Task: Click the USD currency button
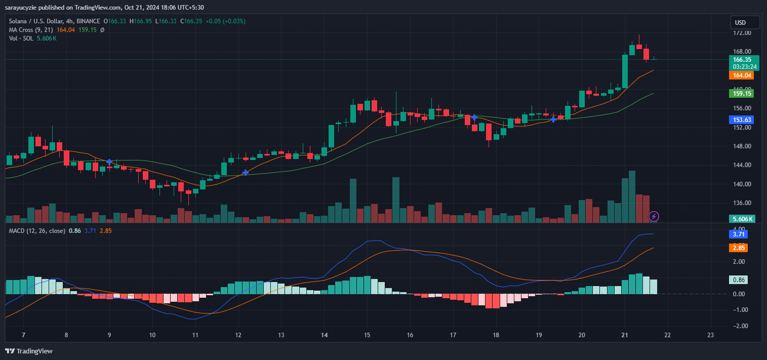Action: (745, 23)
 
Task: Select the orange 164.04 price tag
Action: (741, 75)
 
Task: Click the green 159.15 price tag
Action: (741, 93)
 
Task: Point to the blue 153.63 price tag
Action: (741, 119)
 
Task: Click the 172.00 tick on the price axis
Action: (742, 33)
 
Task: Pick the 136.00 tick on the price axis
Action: (742, 203)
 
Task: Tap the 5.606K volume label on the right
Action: (742, 219)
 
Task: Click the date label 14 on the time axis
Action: (324, 335)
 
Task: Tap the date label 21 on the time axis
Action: (625, 335)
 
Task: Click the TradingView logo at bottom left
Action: (29, 351)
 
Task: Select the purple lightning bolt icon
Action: (654, 217)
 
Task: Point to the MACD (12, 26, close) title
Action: (37, 231)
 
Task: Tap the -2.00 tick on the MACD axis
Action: (741, 326)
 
